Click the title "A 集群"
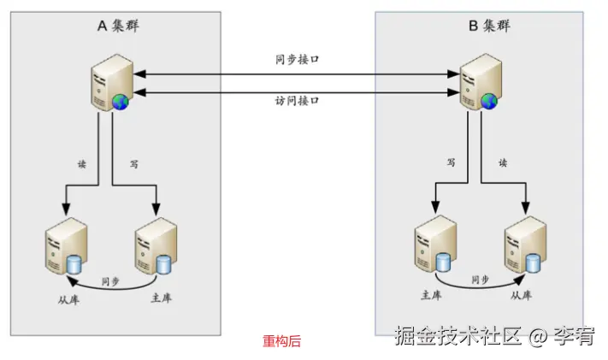[118, 26]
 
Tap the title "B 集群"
[488, 26]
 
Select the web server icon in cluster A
[109, 83]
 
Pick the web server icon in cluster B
[477, 83]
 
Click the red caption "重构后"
[281, 341]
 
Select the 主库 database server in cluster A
[155, 245]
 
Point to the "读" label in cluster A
[82, 162]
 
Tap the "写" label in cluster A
[133, 162]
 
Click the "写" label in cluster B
[451, 162]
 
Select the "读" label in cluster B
[504, 162]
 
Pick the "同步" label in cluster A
[109, 280]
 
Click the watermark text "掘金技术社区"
[457, 337]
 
